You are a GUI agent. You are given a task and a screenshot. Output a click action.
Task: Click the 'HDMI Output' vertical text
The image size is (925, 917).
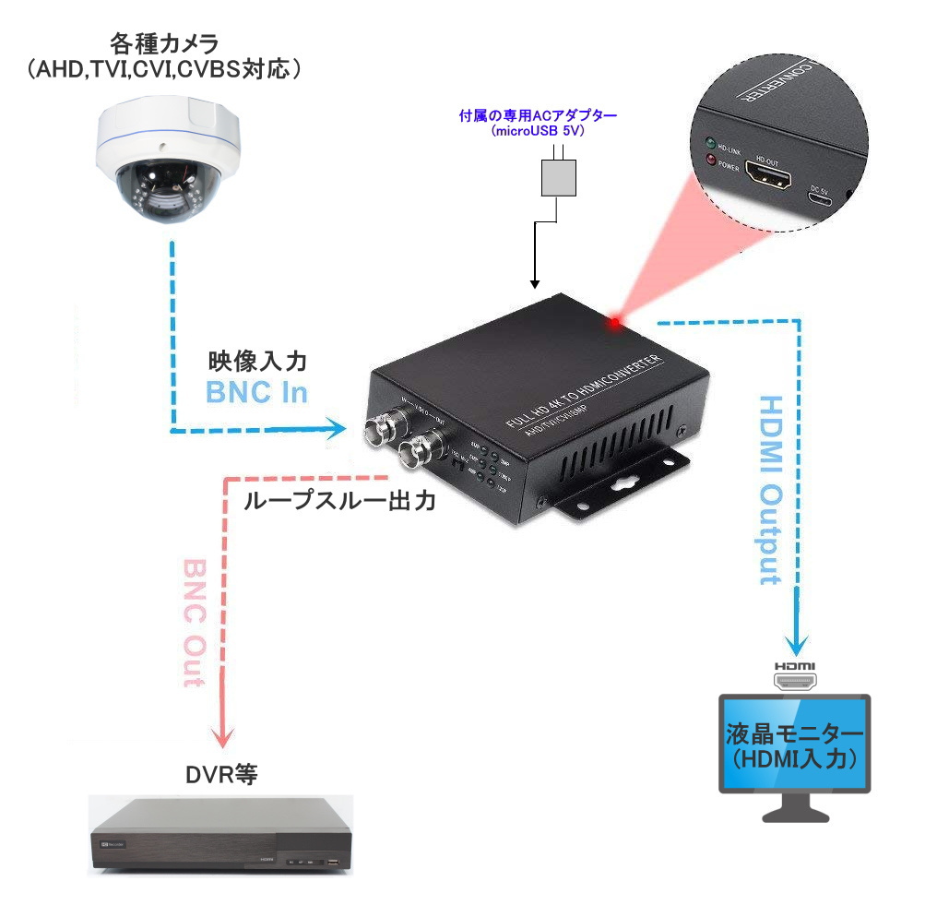pos(770,490)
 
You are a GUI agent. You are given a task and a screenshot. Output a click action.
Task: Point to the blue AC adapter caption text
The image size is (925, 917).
pos(538,123)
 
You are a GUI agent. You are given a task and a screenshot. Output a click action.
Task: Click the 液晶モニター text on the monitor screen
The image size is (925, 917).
pos(795,733)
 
